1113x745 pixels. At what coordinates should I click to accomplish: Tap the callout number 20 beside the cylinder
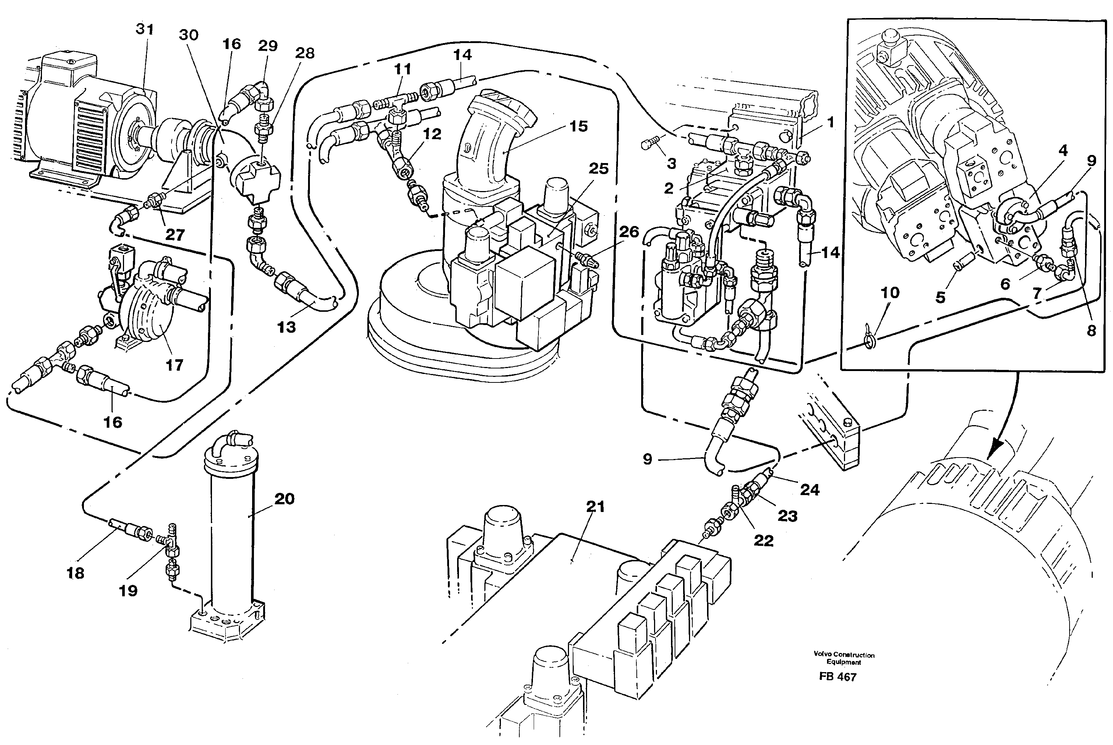pos(284,499)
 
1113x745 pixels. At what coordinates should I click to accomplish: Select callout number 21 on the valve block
pos(595,507)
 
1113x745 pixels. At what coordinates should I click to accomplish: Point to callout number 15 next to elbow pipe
pos(578,126)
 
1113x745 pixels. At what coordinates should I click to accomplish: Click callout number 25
pos(598,169)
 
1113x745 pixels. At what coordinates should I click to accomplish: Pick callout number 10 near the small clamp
pos(890,293)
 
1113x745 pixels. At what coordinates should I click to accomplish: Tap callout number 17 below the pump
pos(174,366)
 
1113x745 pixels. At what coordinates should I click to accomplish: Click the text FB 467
pos(837,677)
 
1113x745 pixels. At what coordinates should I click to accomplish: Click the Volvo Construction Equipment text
pos(844,658)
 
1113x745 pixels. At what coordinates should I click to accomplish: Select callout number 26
pos(629,232)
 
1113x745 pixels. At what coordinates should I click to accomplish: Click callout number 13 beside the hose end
pos(286,327)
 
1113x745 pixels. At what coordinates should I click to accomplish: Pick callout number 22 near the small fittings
pos(763,540)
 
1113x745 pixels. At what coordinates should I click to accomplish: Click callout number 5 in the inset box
pos(940,297)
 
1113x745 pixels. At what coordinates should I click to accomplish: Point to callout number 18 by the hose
pos(75,573)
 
